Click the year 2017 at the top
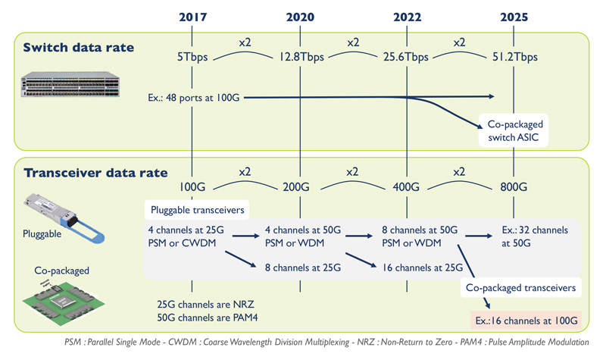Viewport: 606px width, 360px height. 193,17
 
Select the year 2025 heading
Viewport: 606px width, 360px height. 514,17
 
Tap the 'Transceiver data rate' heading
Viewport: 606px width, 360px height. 86,172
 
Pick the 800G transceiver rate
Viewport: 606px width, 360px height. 514,186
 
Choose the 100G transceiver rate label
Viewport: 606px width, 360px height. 193,186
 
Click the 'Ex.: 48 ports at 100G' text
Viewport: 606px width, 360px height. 195,97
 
